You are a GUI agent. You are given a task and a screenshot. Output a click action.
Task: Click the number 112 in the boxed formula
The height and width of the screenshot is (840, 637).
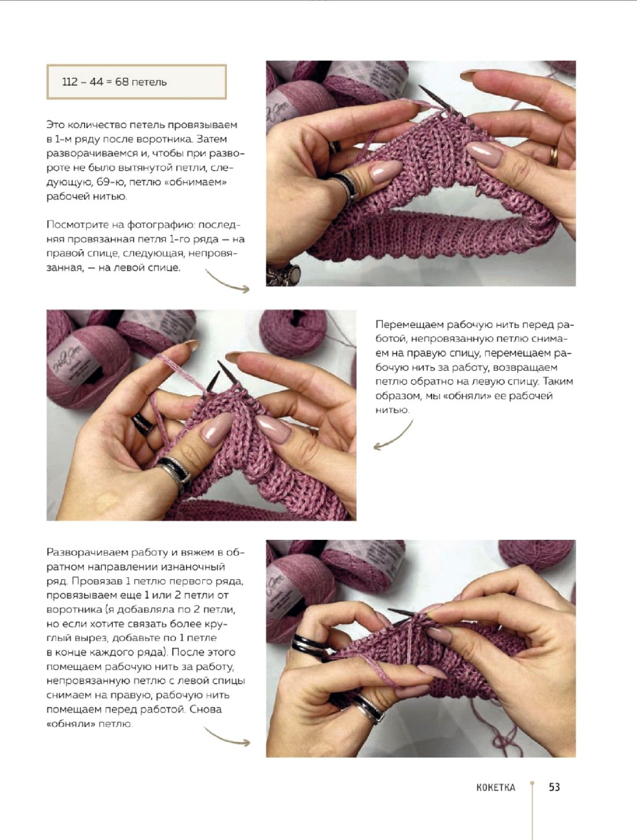tap(69, 82)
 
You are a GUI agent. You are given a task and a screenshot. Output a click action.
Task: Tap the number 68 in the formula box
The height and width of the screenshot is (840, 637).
tap(122, 82)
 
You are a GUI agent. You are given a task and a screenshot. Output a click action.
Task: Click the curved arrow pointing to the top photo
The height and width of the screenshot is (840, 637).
tap(227, 282)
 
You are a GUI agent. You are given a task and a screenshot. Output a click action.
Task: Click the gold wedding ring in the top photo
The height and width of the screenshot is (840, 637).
tap(553, 156)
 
